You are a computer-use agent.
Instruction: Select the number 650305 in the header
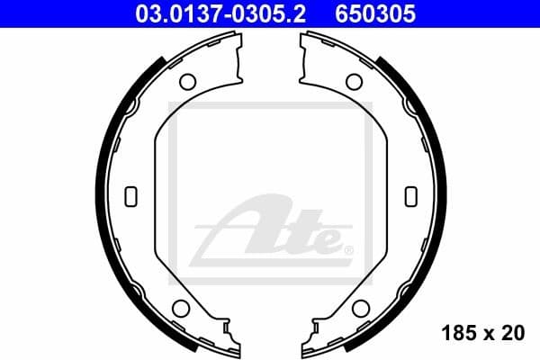(377, 13)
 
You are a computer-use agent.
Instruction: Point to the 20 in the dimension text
(514, 333)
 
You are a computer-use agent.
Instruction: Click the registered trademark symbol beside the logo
(349, 249)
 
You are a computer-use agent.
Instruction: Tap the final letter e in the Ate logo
(327, 240)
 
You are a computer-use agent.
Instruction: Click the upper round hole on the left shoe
(187, 82)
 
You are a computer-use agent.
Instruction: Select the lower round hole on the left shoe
(179, 309)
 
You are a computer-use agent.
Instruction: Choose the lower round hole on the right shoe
(361, 309)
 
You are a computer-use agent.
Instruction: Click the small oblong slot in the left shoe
(130, 195)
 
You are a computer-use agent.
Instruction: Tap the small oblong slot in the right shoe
(410, 195)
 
